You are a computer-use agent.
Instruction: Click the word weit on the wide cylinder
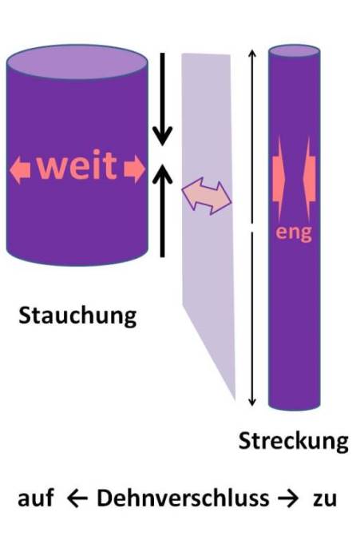77,165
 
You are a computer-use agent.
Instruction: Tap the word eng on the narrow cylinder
294,233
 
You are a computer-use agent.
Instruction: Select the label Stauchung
77,316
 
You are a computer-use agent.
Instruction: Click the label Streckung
293,441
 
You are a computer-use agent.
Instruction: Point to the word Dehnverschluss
183,498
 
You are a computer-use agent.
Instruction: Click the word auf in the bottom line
36,498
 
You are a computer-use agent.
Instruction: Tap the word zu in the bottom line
324,500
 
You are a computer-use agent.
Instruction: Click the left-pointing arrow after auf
77,499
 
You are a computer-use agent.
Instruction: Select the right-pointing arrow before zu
288,499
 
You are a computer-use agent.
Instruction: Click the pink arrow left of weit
20,169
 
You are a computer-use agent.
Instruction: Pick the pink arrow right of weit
135,169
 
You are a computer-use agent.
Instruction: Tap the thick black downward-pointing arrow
163,99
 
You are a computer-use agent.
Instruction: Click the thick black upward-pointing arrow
163,210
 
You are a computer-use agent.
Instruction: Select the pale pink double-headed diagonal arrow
207,196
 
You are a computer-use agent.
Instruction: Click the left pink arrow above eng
279,179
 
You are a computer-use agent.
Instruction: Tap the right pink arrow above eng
309,179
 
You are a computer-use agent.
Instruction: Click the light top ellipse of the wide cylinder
77,62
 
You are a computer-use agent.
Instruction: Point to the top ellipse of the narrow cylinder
294,51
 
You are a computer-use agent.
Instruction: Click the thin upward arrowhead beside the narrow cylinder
252,54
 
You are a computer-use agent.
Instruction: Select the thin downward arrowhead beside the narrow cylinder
252,402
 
